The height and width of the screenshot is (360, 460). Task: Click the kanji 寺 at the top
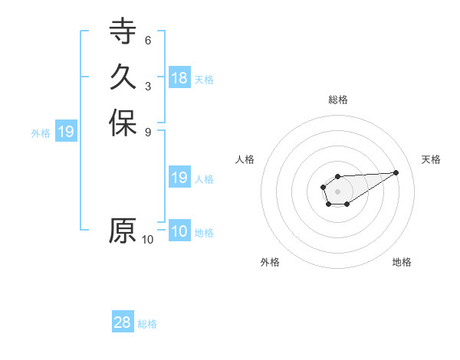click(123, 33)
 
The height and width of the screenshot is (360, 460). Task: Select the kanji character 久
click(123, 77)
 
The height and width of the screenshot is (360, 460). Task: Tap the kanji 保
click(123, 123)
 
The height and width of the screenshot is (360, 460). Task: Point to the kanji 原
click(123, 231)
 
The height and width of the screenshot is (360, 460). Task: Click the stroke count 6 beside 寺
click(148, 41)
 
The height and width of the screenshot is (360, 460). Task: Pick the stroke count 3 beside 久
click(148, 86)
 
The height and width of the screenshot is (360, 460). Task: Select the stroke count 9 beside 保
click(148, 131)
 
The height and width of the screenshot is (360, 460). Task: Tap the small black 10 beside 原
click(148, 239)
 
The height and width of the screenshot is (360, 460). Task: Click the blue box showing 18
click(179, 78)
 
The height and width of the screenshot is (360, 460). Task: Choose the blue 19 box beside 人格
click(179, 178)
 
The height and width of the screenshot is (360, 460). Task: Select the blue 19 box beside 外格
click(66, 132)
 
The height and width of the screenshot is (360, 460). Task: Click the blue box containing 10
click(179, 231)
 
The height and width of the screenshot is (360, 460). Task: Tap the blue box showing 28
click(123, 322)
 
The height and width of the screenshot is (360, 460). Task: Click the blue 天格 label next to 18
click(204, 80)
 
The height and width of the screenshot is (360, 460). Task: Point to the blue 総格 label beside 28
click(147, 324)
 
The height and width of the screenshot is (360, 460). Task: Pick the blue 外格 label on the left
click(41, 133)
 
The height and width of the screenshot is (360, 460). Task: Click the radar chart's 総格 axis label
click(338, 100)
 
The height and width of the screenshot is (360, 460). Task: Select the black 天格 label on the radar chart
click(431, 159)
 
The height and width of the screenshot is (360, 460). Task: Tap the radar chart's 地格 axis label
click(402, 262)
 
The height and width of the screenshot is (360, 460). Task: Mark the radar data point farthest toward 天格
click(396, 172)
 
